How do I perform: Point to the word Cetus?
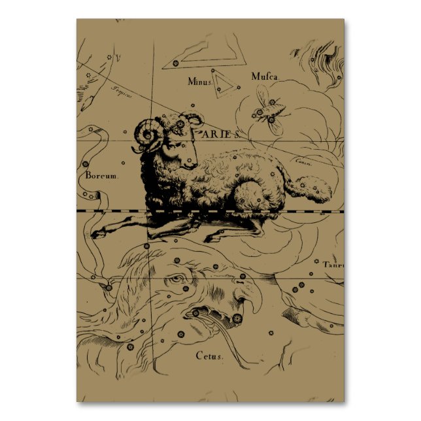pos(209,356)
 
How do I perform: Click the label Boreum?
pos(102,176)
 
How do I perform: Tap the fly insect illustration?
pos(269,108)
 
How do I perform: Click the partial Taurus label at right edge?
pos(333,264)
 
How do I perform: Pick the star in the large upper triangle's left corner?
pos(175,63)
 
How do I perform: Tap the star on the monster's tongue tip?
pos(196,314)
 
